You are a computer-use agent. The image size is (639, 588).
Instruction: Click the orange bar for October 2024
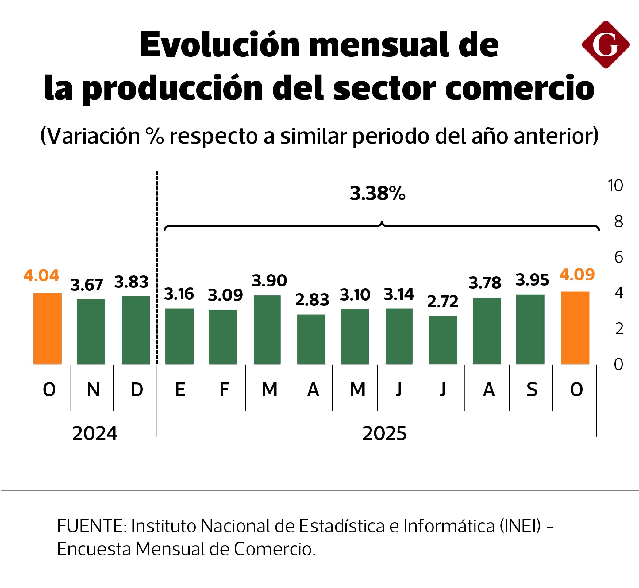click(x=48, y=329)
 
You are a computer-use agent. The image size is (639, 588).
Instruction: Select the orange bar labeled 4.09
click(x=575, y=328)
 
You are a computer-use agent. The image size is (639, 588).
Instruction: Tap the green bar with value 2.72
click(x=443, y=340)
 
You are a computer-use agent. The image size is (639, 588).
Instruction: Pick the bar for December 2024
click(x=136, y=330)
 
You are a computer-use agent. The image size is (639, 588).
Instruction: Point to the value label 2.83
click(x=312, y=300)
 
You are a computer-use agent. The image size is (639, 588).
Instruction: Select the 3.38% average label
click(x=377, y=194)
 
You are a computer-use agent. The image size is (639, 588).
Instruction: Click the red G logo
click(x=605, y=45)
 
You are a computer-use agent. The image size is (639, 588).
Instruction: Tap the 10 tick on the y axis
click(x=615, y=186)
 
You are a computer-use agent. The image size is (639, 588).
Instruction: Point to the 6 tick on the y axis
click(x=618, y=257)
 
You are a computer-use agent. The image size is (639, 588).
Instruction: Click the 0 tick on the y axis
click(x=618, y=365)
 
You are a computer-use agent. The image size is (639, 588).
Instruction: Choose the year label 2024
click(x=94, y=434)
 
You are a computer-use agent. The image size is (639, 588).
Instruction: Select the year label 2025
click(x=384, y=434)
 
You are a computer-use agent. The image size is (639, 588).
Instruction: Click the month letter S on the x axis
click(x=532, y=390)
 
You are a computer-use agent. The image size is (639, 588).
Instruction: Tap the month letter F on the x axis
click(x=224, y=390)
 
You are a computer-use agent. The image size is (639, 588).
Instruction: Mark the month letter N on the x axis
click(x=93, y=390)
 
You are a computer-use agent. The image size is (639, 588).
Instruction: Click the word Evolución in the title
click(x=220, y=45)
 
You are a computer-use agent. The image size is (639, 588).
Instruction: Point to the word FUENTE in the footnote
click(x=92, y=526)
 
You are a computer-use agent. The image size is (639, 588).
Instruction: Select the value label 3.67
click(x=87, y=285)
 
